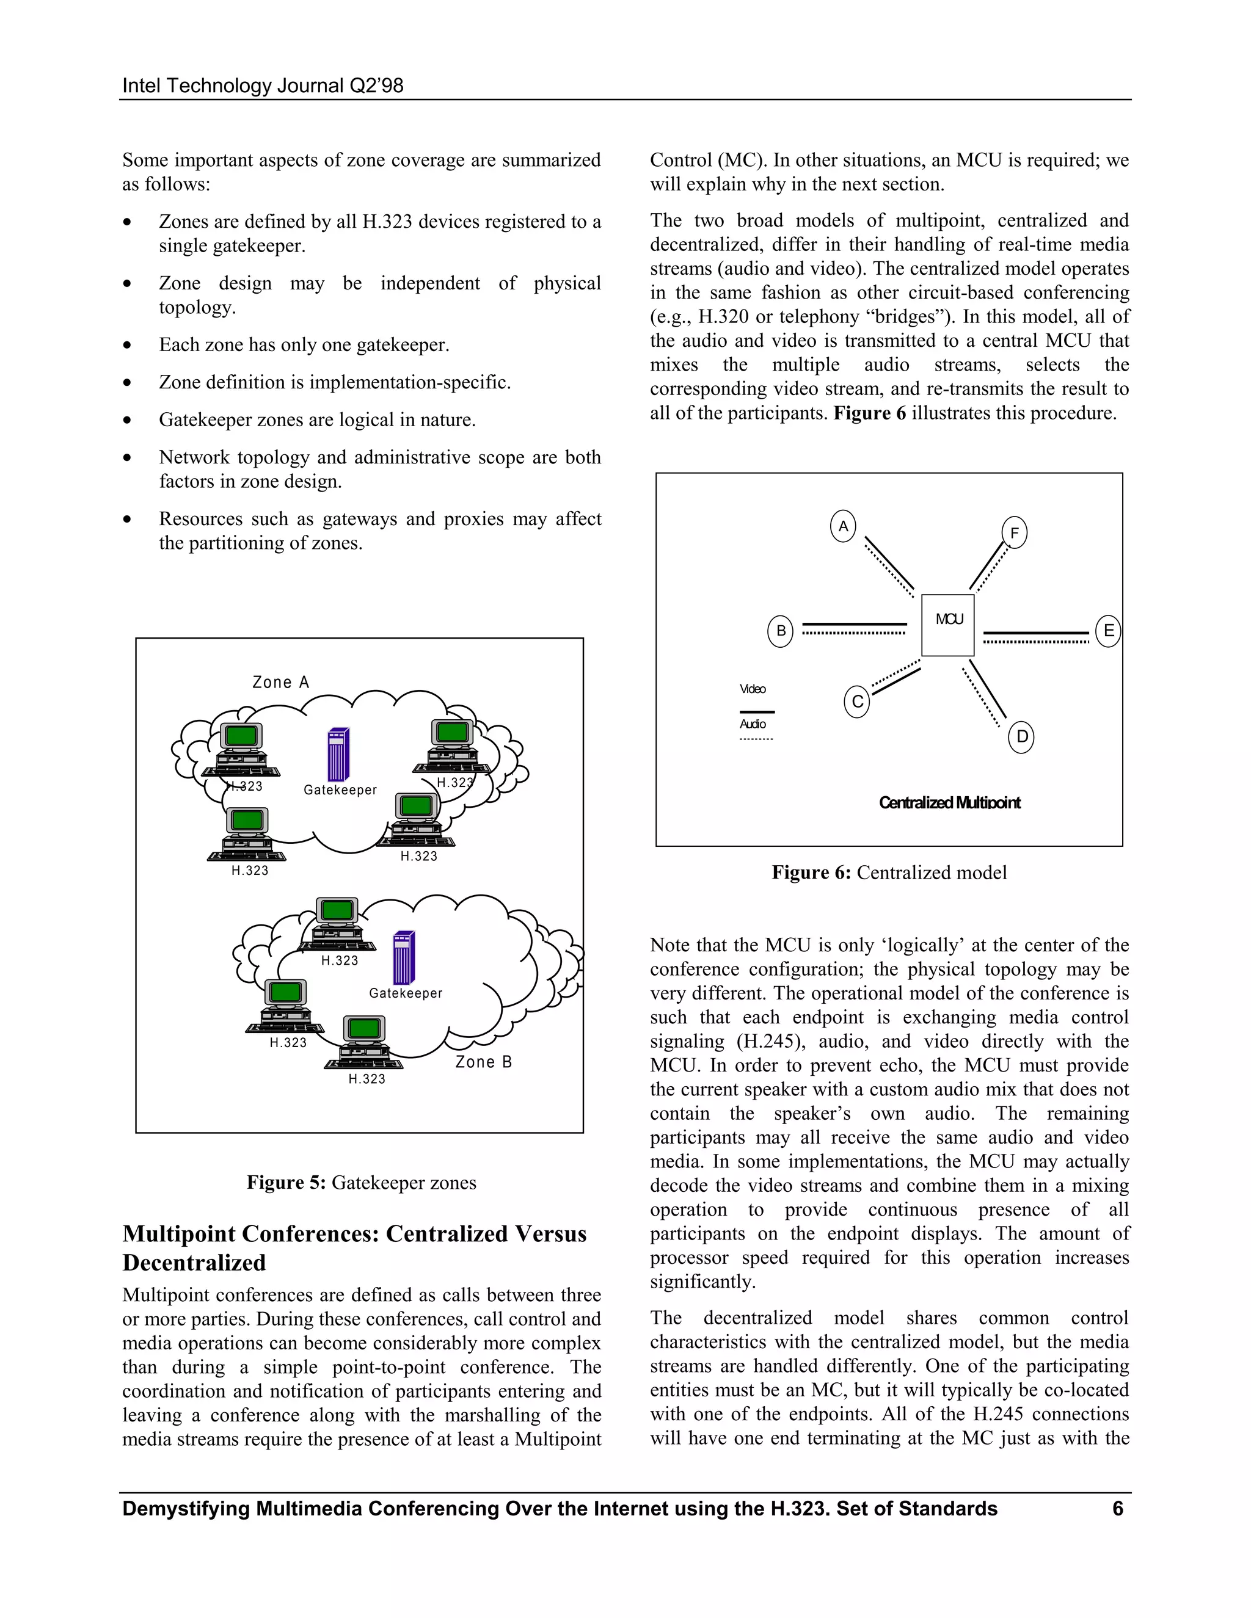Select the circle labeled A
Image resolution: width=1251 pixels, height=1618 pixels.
(x=842, y=526)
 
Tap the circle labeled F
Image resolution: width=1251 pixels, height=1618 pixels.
(x=1014, y=532)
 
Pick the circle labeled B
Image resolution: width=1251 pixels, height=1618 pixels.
(x=779, y=631)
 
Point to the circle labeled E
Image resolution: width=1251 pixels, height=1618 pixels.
(x=1108, y=631)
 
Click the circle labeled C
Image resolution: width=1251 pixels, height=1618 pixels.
(x=857, y=701)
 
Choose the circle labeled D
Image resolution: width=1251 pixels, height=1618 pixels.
(x=1021, y=736)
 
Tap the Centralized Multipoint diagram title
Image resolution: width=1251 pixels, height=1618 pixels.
(x=949, y=802)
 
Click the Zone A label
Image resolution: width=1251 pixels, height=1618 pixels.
(x=280, y=683)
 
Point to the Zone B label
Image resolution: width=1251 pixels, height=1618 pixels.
(x=483, y=1062)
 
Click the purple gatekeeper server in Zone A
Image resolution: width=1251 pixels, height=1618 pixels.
(x=338, y=754)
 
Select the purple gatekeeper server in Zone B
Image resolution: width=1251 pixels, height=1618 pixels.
(x=404, y=957)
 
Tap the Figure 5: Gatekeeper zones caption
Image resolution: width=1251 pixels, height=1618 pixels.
(x=361, y=1183)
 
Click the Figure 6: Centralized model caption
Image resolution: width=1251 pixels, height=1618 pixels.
(x=889, y=872)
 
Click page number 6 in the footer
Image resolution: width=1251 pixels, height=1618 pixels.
(x=1118, y=1508)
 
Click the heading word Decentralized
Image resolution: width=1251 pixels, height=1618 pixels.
(x=194, y=1263)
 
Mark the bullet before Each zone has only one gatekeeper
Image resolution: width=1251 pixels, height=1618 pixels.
(x=128, y=345)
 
